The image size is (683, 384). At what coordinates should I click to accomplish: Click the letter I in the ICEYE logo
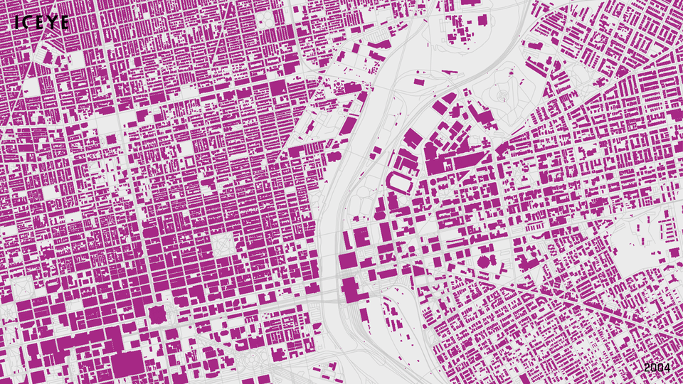pyautogui.click(x=16, y=23)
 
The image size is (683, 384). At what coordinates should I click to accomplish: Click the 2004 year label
pyautogui.click(x=657, y=368)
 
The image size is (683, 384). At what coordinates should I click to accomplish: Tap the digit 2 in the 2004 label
pyautogui.click(x=647, y=368)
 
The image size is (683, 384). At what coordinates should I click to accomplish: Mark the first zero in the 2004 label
pyautogui.click(x=654, y=368)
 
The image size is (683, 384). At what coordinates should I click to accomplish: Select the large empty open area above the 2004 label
pyautogui.click(x=633, y=249)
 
